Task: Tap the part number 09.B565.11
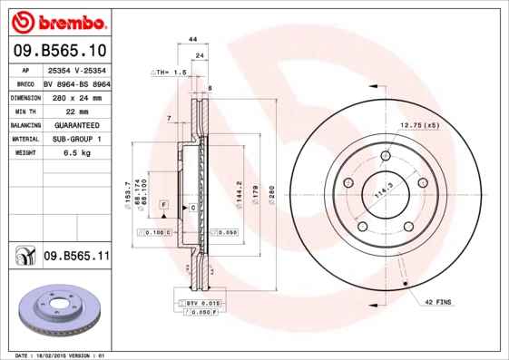76,258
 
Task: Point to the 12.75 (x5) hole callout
418,124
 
